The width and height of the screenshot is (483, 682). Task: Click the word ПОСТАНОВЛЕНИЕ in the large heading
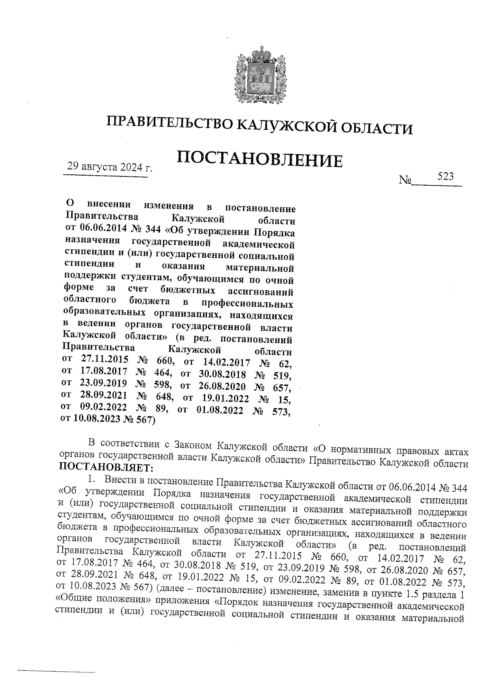[260, 159]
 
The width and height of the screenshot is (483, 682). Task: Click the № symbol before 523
[405, 180]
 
